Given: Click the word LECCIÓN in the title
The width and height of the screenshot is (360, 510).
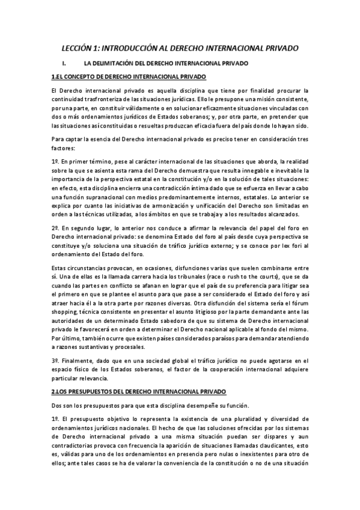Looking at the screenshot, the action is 79,48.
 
